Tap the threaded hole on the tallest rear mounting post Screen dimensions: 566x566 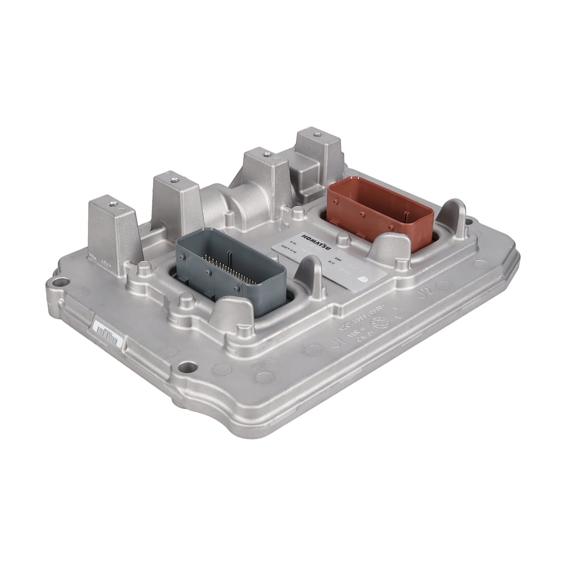click(316, 135)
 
